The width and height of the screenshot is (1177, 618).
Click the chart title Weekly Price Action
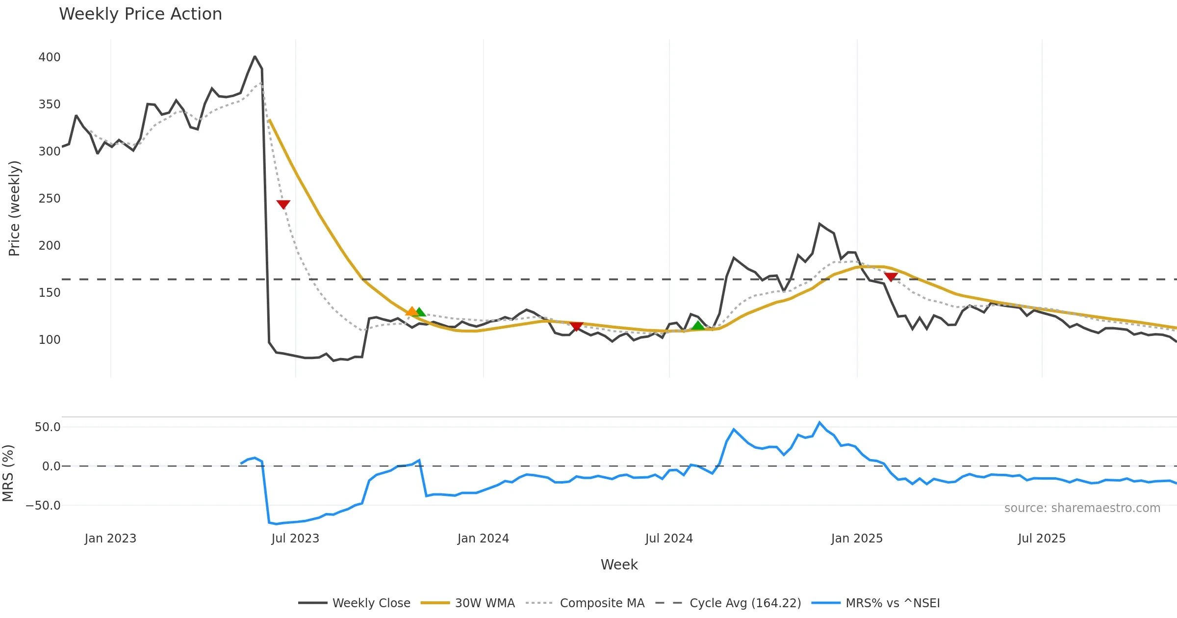pos(140,14)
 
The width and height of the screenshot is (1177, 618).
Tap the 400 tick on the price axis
pos(50,57)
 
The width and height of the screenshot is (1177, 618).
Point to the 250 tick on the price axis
pos(50,199)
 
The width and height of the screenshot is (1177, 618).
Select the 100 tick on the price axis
pos(50,340)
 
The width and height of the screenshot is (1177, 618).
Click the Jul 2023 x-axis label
pos(295,539)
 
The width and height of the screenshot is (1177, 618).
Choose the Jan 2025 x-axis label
pos(857,539)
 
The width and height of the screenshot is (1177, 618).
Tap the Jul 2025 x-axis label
pos(1042,539)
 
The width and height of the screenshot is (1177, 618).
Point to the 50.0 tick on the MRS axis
pos(48,427)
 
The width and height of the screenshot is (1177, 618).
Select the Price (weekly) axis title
pos(14,208)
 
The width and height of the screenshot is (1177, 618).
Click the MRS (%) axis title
pos(8,473)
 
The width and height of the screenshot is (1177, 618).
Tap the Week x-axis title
pos(619,565)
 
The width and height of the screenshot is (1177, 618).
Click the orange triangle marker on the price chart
pos(412,311)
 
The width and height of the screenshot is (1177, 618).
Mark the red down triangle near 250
pos(283,204)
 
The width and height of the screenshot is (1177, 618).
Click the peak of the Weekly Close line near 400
pos(255,57)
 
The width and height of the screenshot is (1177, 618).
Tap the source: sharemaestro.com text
pos(1082,508)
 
